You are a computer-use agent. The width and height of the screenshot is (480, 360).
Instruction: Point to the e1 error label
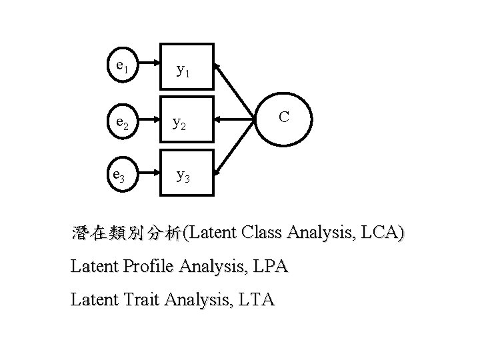(x=122, y=66)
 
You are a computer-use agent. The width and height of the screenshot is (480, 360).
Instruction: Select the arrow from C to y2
(x=238, y=121)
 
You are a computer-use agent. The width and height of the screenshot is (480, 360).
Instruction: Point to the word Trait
(x=139, y=301)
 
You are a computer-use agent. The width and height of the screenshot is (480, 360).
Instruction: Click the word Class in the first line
(x=263, y=234)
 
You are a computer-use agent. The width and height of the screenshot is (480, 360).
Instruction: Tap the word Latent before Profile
(x=93, y=267)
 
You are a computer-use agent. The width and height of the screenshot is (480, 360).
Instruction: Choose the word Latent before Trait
(x=93, y=301)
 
